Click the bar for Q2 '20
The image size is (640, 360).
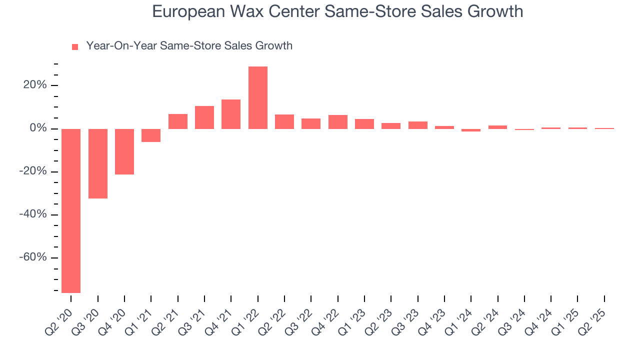click(x=71, y=210)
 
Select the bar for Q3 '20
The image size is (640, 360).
click(x=98, y=163)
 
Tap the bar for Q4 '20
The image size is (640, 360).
click(x=124, y=151)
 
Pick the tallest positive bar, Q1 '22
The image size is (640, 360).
click(x=258, y=97)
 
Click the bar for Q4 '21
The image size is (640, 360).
click(x=231, y=114)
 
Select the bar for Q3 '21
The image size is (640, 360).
click(x=204, y=117)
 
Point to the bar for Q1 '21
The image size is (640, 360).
click(x=151, y=135)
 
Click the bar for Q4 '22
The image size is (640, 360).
click(x=338, y=122)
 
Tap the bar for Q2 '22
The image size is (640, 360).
click(x=284, y=121)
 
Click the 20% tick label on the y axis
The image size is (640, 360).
click(x=35, y=85)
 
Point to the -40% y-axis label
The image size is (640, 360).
click(x=33, y=214)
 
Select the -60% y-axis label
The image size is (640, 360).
click(x=33, y=257)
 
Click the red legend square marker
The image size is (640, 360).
click(x=75, y=47)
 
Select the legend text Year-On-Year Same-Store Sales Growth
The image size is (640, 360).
click(x=189, y=46)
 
